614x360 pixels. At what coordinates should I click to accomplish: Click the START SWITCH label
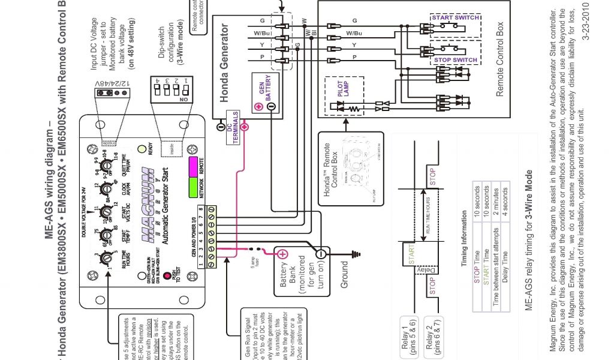tap(456, 18)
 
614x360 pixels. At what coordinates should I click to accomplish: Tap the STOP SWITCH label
tap(456, 60)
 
